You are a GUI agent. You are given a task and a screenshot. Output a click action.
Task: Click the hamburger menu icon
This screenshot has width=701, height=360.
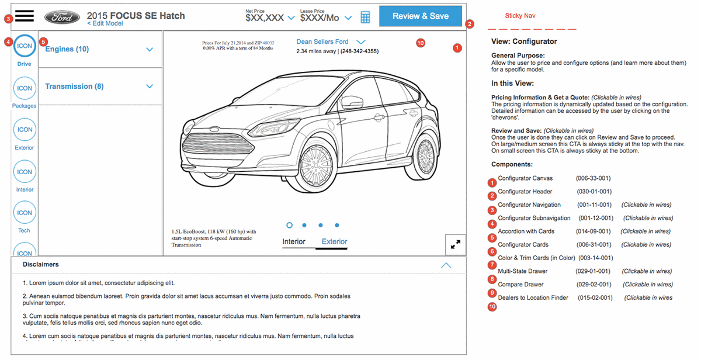pos(25,16)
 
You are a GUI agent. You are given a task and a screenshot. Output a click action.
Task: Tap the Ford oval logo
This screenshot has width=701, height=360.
pos(62,17)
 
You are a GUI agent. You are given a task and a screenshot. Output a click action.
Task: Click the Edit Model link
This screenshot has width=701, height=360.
pos(105,23)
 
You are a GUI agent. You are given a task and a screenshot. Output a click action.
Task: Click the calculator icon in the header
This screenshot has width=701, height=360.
pos(365,17)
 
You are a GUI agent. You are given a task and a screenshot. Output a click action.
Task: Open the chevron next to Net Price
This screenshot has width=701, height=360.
pos(291,18)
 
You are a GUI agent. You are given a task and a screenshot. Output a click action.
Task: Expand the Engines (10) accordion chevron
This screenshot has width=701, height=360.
pos(150,50)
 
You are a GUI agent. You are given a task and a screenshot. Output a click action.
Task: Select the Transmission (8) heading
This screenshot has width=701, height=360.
pos(74,86)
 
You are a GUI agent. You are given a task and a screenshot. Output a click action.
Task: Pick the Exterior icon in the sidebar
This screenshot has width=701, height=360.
pos(25,130)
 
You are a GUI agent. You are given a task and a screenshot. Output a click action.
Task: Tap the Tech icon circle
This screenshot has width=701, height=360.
pos(25,213)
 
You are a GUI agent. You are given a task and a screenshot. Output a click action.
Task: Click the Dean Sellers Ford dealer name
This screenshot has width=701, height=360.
pos(322,41)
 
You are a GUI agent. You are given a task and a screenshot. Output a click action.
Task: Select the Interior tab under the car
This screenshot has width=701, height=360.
pos(293,242)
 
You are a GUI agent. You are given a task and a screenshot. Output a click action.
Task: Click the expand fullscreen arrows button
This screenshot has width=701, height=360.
pos(455,244)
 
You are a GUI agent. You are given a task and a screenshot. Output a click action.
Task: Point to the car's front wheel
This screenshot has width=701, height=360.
pos(316,165)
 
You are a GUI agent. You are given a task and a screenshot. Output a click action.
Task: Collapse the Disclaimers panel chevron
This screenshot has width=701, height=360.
pos(446,266)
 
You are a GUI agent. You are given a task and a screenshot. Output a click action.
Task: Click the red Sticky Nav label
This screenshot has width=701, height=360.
pos(520,16)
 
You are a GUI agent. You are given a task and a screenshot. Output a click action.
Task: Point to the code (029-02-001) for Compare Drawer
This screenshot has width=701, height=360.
pos(594,284)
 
